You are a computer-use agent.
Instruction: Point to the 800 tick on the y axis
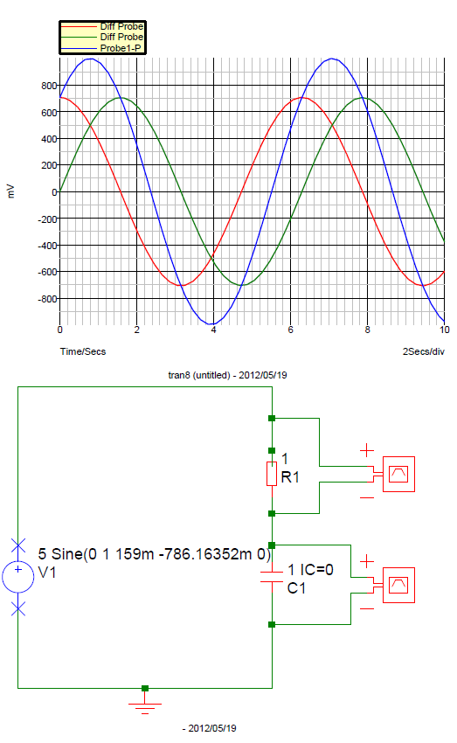[49, 86]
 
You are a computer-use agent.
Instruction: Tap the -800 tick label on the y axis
[47, 299]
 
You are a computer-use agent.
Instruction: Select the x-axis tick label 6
[290, 330]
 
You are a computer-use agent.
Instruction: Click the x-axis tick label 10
[444, 330]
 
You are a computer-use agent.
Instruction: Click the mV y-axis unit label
[11, 191]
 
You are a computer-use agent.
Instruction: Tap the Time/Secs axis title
[83, 351]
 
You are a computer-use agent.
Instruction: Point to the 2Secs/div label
[424, 351]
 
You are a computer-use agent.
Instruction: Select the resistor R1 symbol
[272, 474]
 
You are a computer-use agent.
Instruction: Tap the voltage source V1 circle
[18, 577]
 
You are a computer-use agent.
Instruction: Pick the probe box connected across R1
[398, 474]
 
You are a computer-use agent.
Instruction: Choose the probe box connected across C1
[398, 585]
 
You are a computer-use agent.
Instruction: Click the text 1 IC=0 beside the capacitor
[311, 570]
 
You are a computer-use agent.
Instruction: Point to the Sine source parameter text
[155, 554]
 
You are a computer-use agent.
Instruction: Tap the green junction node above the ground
[145, 688]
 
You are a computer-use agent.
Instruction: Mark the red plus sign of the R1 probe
[367, 450]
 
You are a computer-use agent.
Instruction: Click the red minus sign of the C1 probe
[367, 608]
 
